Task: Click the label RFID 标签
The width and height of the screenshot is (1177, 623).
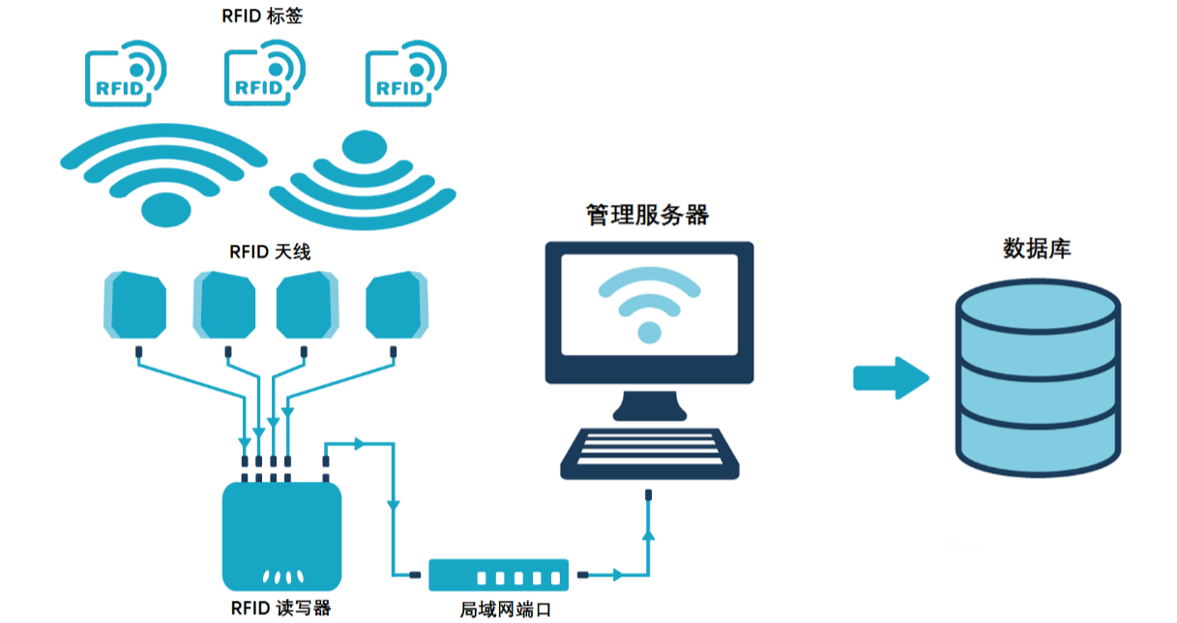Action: point(262,15)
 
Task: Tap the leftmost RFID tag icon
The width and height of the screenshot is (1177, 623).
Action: point(125,74)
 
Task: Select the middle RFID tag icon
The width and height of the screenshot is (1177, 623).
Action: point(264,74)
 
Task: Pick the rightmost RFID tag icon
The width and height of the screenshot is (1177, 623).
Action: point(405,74)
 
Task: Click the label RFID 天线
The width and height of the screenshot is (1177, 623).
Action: point(270,252)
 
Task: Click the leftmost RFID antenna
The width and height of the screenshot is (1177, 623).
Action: point(135,305)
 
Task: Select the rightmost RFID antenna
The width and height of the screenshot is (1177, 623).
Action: point(397,305)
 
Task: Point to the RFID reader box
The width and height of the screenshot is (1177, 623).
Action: point(282,536)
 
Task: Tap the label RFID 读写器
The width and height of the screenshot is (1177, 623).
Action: point(281,608)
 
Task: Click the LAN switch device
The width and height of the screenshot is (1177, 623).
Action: point(499,576)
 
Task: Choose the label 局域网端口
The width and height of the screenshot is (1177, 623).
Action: point(506,609)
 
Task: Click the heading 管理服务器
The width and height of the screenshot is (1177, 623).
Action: point(647,215)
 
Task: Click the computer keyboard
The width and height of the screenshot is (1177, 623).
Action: point(650,454)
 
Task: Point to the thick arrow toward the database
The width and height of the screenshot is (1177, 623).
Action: point(891,378)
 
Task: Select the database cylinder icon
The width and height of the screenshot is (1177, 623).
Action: point(1038,377)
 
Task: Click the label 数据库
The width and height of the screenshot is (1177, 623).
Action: point(1037,249)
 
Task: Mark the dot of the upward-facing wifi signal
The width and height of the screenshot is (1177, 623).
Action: point(166,210)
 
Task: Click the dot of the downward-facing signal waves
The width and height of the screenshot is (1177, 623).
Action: point(365,147)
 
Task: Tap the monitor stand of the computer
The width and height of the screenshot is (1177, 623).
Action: point(650,406)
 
